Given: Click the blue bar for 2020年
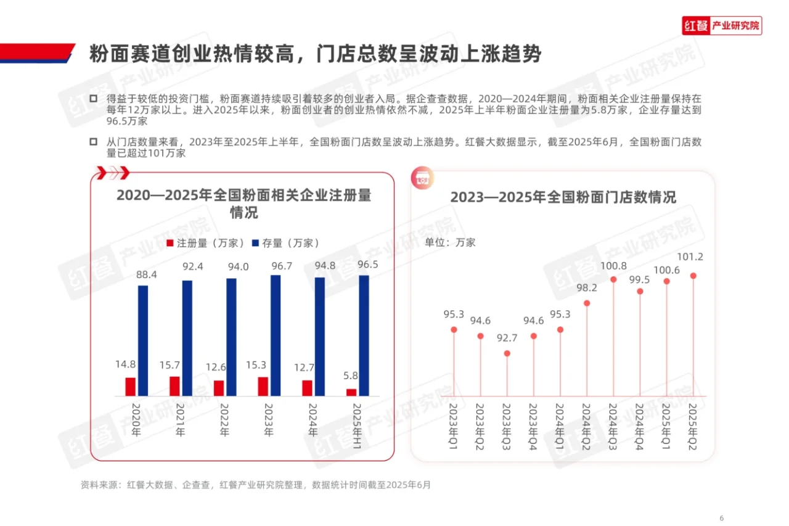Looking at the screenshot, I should click(x=143, y=340).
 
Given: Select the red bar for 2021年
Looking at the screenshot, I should click(x=175, y=386).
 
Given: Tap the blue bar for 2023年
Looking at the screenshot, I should click(x=276, y=335).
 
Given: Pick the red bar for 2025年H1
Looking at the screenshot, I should click(x=351, y=392).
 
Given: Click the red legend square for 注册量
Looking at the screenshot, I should click(x=171, y=243).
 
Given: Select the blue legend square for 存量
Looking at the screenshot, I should click(x=256, y=243).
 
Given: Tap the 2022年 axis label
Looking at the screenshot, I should click(x=224, y=421).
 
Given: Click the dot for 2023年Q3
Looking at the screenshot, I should click(x=507, y=354).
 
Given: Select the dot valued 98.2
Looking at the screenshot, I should click(x=587, y=303).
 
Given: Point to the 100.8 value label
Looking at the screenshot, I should click(x=613, y=266).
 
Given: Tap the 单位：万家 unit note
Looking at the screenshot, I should click(x=451, y=242).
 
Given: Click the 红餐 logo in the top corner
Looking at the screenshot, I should click(x=722, y=26).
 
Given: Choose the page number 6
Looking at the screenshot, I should click(x=722, y=500).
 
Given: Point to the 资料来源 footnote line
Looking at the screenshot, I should click(x=256, y=485).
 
